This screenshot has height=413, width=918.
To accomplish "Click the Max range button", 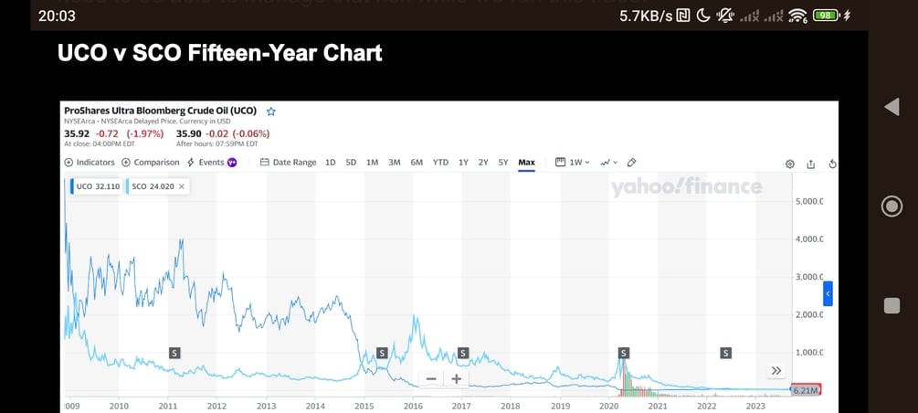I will click(526, 163).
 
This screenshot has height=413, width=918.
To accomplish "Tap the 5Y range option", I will click(503, 163).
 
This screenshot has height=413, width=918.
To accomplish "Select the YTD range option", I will click(440, 163).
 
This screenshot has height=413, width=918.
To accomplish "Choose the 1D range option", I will click(330, 163).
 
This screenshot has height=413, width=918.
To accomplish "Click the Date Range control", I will click(288, 163).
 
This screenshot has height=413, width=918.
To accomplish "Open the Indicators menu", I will click(90, 163).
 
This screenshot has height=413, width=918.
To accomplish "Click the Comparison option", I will click(151, 163).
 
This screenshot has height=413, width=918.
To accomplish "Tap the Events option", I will click(212, 163).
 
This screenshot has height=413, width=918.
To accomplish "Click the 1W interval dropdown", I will click(574, 163).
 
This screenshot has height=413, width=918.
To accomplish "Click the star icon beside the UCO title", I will click(271, 111).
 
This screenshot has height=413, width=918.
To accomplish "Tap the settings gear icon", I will click(790, 164).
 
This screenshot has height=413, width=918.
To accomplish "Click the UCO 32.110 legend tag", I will click(95, 186).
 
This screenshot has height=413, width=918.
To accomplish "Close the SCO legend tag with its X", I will click(181, 186).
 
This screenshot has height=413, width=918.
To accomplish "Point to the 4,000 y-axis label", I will click(807, 239).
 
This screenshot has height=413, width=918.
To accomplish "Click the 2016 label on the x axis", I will click(413, 406).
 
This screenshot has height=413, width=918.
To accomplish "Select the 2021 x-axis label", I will click(658, 406).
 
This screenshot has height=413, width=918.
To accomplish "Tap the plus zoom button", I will click(456, 379).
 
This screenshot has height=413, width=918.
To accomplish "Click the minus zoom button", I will click(431, 379).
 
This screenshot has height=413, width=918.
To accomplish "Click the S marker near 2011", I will click(174, 353).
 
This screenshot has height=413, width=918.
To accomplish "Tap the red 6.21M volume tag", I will click(806, 390).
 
